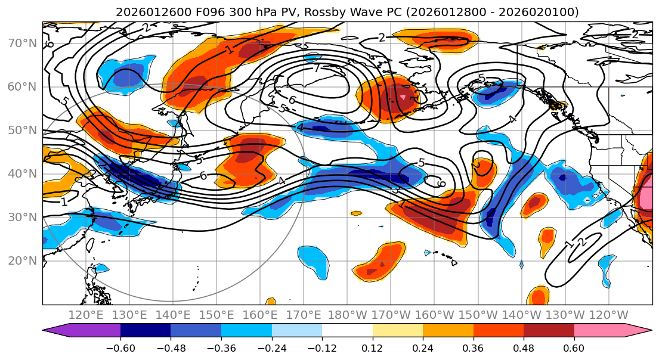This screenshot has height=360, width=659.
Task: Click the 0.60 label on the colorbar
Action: tap(574, 348)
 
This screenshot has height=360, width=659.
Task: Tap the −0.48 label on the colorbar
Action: tap(170, 348)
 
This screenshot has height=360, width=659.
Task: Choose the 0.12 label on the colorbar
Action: tap(372, 348)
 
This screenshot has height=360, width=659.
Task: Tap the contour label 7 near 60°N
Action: tap(318, 67)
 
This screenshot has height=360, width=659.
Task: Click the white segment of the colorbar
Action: tap(347, 331)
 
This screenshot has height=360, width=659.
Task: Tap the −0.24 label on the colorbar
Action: tap(271, 348)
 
